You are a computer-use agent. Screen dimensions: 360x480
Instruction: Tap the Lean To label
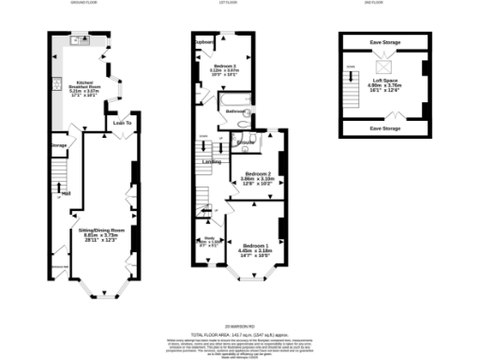[x=121, y=123]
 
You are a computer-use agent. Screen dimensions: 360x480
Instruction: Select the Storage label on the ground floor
[x=58, y=145]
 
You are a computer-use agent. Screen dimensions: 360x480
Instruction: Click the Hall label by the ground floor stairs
[x=67, y=194]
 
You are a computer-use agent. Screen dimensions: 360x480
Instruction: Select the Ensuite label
[x=247, y=143]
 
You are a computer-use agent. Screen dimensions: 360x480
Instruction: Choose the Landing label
[x=213, y=161]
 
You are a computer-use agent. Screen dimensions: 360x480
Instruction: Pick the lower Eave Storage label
[x=385, y=127]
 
